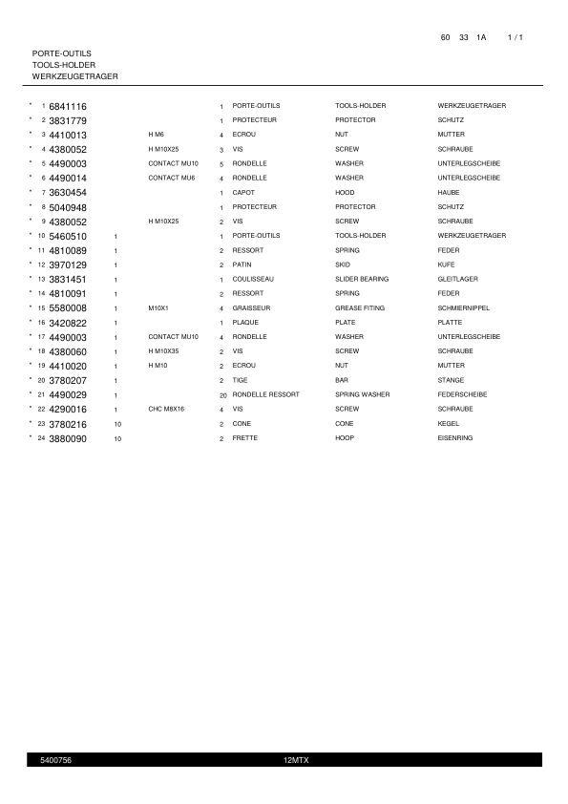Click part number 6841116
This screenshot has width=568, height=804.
68,106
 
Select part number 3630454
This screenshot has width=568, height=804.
68,193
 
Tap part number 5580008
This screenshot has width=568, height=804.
68,308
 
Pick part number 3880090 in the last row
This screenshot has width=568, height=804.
68,438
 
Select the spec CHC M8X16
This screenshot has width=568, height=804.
166,409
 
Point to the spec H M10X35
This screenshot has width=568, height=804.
163,351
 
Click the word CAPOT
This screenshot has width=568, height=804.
242,193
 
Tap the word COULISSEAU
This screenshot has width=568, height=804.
253,279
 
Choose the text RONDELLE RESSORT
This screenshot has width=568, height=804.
265,394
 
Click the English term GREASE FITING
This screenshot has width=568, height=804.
360,308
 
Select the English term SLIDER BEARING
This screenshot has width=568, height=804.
362,279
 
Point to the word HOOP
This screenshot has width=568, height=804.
344,438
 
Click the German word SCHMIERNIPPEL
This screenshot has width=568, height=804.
463,308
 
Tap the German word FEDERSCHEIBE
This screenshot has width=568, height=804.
462,394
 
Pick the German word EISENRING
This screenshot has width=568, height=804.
455,438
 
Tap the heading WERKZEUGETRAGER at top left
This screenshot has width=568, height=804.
75,75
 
